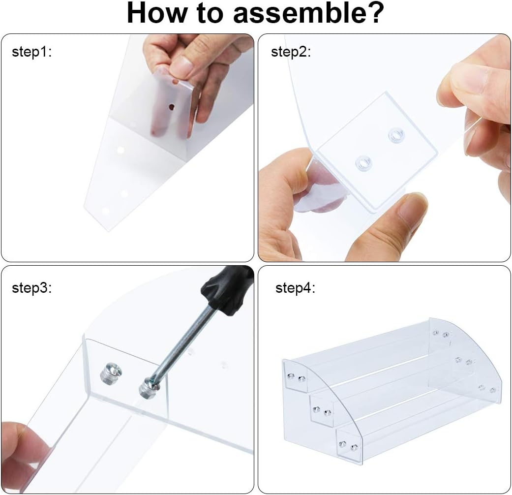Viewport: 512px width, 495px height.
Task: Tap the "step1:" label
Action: coord(31,52)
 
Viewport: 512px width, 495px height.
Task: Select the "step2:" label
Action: coord(291,52)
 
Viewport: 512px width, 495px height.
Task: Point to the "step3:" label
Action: coord(31,288)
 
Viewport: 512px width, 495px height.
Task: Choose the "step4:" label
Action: coord(296,288)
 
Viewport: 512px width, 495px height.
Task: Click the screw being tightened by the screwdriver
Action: coord(149,387)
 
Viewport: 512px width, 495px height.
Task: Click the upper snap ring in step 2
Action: coord(396,135)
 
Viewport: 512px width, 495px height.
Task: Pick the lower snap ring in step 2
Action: coord(363,163)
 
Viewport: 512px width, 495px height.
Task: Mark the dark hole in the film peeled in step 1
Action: coord(172,106)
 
